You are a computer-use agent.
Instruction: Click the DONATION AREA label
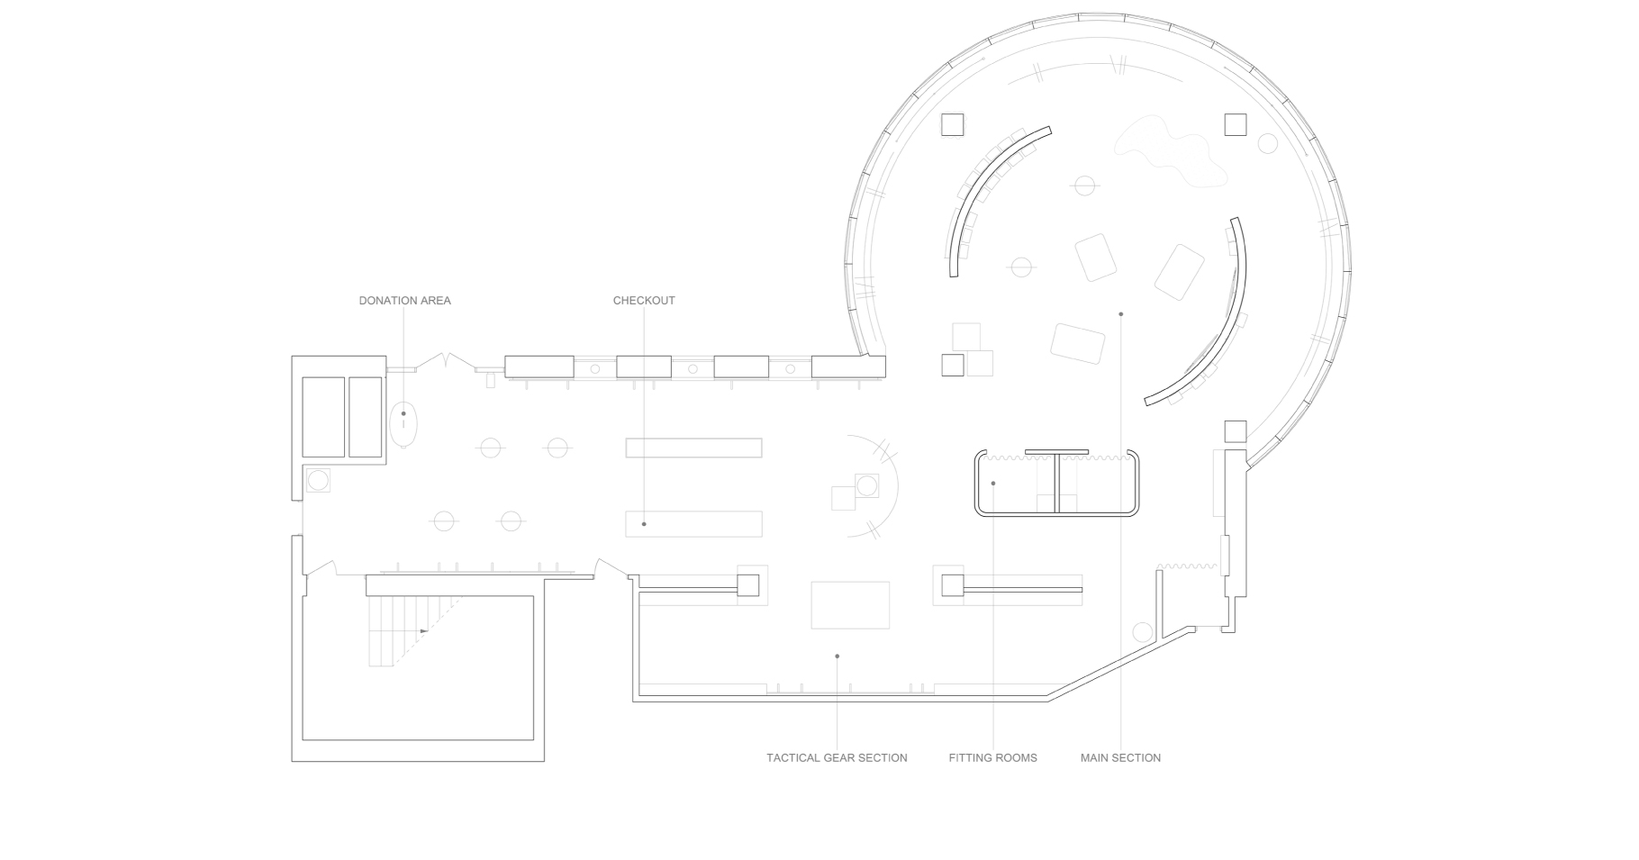pos(404,301)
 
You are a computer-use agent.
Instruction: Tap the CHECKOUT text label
pos(644,301)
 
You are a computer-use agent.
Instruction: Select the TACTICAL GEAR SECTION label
pos(837,758)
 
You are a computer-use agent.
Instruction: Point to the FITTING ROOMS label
pos(992,758)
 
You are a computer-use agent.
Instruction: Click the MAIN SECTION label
pos(1120,758)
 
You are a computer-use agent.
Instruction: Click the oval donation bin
pos(404,423)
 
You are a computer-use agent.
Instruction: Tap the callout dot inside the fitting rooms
pos(993,484)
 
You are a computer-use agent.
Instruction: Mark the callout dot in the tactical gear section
pos(837,656)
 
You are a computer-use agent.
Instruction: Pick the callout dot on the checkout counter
pos(644,524)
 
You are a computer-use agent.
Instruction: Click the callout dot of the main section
pos(1121,314)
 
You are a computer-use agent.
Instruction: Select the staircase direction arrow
pos(424,631)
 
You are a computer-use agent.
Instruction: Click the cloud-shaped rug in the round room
pos(1171,152)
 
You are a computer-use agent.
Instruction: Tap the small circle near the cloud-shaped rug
pos(1268,143)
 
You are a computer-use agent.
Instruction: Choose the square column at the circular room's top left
pos(953,124)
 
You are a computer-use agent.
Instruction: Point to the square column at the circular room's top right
pos(1236,124)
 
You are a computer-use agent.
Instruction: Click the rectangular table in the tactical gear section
pos(850,604)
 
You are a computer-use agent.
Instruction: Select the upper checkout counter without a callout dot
pos(693,448)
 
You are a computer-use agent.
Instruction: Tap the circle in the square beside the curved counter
pos(866,486)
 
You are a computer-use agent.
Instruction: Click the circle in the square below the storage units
pos(318,480)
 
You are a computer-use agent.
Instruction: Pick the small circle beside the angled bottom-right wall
pos(1143,632)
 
